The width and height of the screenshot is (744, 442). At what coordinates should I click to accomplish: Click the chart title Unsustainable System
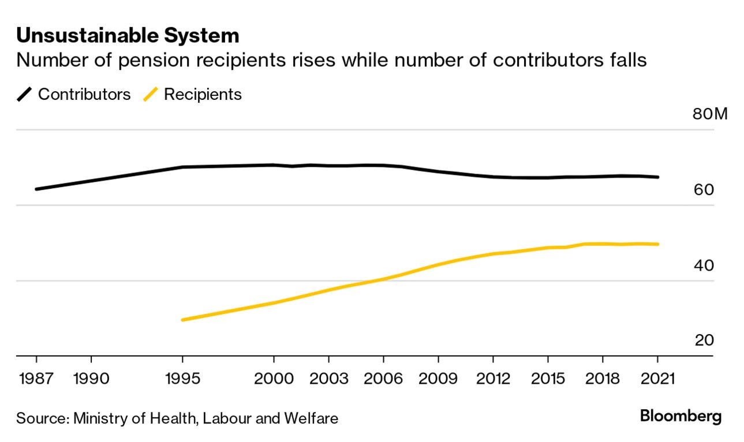128,36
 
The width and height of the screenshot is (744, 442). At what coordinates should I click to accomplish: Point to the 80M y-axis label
710,114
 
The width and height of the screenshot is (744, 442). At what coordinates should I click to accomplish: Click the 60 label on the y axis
704,189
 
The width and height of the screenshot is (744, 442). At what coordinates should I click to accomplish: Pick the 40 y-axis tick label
704,265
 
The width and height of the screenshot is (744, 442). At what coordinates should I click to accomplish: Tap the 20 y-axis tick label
704,340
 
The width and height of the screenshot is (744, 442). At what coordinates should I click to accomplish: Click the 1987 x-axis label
36,379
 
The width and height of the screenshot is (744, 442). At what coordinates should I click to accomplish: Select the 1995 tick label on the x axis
182,379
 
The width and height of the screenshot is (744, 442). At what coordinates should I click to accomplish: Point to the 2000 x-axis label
274,379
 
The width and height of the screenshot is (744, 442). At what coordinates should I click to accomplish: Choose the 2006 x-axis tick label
383,379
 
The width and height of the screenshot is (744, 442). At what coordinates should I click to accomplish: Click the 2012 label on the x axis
493,379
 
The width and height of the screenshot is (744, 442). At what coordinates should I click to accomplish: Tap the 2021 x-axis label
657,379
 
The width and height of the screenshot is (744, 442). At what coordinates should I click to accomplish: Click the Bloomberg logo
681,416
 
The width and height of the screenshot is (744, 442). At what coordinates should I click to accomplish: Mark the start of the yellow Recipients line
182,320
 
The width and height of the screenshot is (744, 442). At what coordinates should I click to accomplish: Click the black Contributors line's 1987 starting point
36,189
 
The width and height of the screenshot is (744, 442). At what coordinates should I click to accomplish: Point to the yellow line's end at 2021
657,244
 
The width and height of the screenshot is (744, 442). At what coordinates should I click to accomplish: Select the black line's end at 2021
657,177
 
